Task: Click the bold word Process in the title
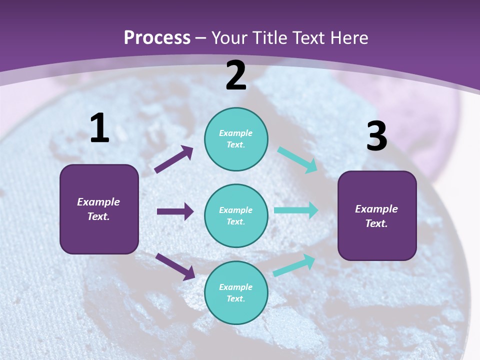pos(157,37)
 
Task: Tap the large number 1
pos(99,128)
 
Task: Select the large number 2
pos(236,75)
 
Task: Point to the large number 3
pos(376,136)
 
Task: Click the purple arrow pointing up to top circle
pos(174,159)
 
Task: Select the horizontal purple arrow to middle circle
pos(175,211)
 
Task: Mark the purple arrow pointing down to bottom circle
pos(175,266)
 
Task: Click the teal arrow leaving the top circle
pos(297,160)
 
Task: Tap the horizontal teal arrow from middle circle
pos(296,210)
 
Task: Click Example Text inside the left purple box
pos(98,209)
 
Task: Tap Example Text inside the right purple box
pos(376,216)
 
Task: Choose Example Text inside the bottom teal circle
pos(236,292)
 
